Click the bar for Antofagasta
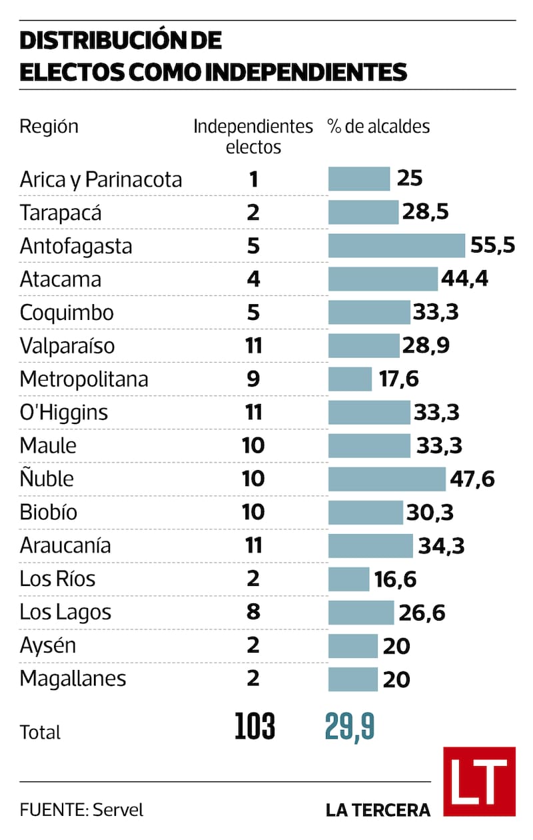[396, 245]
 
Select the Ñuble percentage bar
[386, 479]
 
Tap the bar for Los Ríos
[348, 579]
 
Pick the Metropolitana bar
[350, 379]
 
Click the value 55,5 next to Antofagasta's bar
[492, 245]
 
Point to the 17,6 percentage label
[398, 379]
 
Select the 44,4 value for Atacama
[465, 279]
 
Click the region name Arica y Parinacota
[101, 179]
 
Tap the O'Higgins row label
[63, 412]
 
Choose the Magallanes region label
[73, 679]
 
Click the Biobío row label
[49, 512]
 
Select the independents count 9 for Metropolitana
[253, 379]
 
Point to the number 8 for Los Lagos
[253, 612]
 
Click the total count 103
[255, 726]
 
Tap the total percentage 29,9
[350, 726]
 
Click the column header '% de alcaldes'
[378, 126]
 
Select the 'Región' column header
[49, 126]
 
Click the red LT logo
[479, 781]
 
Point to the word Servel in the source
[118, 810]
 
